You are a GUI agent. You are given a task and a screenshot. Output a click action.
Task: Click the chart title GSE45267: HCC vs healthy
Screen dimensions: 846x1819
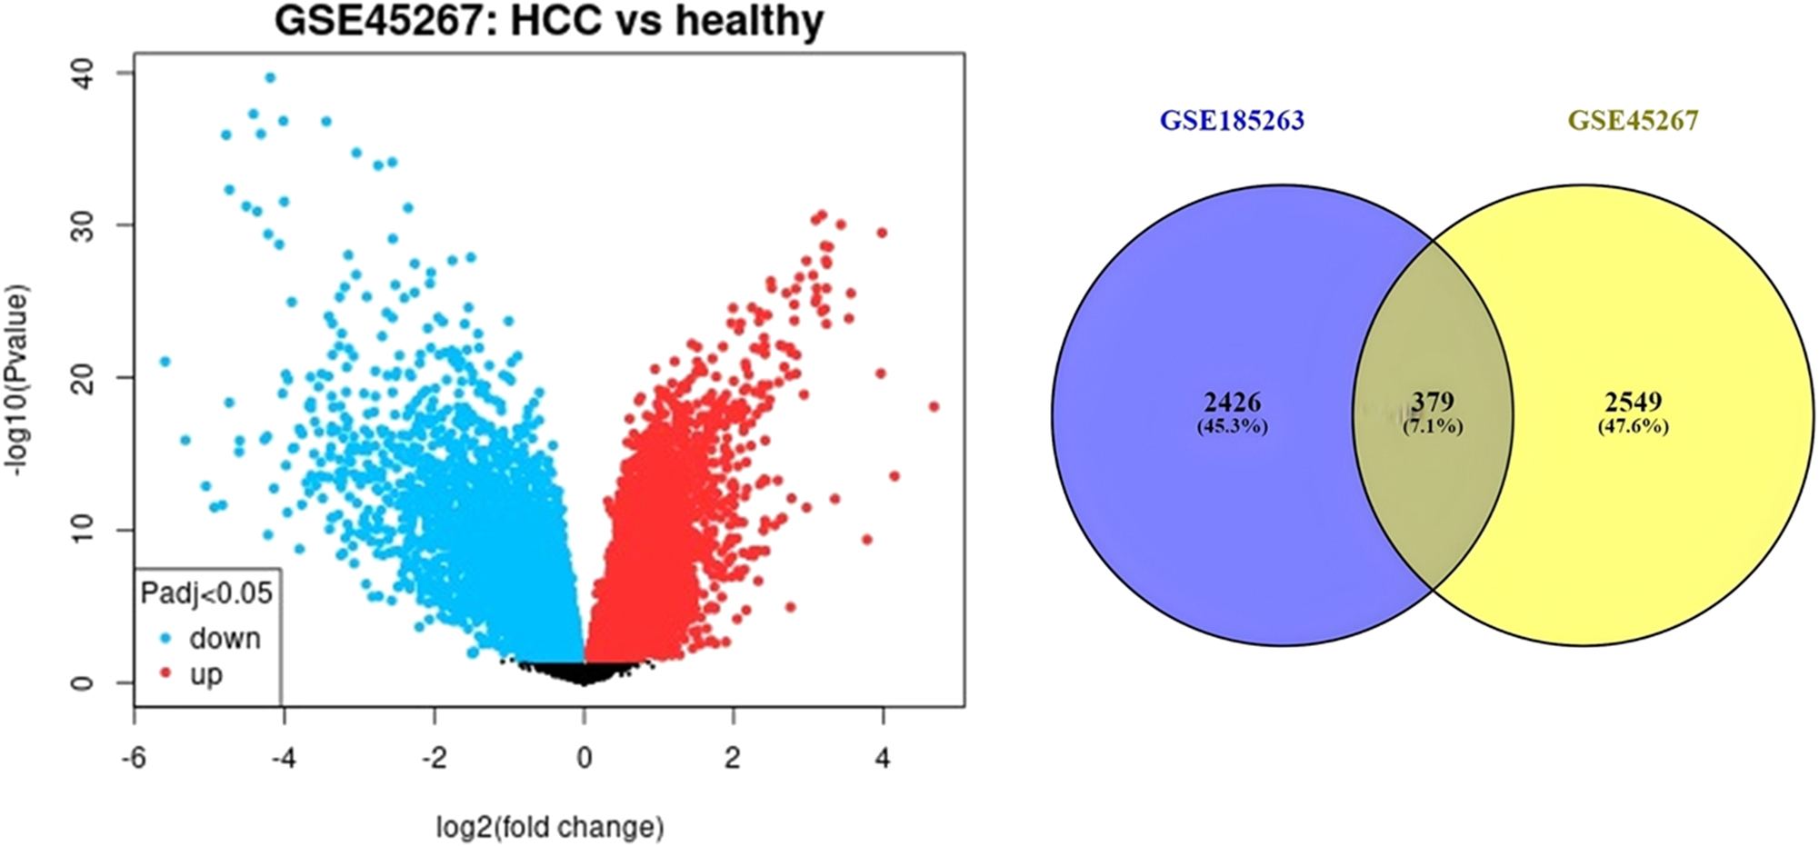tap(549, 20)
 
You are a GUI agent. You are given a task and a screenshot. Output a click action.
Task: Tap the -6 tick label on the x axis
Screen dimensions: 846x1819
tap(135, 758)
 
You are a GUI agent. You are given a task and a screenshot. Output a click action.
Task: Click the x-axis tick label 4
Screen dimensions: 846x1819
tap(883, 758)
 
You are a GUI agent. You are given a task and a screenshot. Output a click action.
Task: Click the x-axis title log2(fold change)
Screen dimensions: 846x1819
tap(550, 827)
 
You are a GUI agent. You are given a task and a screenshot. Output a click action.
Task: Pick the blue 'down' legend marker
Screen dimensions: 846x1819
tap(165, 639)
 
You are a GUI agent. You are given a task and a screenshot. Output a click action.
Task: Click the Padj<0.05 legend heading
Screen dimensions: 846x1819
tap(206, 593)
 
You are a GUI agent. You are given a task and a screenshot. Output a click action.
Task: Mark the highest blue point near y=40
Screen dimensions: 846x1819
tap(269, 78)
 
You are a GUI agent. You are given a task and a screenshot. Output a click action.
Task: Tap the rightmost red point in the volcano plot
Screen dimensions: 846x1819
tap(934, 406)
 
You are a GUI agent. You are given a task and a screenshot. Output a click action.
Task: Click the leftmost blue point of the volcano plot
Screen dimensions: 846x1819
tap(165, 362)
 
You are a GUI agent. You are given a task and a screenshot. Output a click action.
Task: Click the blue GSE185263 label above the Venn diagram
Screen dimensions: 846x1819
tap(1231, 121)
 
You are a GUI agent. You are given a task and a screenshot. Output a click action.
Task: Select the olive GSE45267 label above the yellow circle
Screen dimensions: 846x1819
tap(1633, 121)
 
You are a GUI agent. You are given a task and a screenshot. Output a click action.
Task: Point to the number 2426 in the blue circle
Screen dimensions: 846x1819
tap(1232, 402)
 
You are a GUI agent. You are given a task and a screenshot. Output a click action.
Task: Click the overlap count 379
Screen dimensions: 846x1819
tap(1433, 402)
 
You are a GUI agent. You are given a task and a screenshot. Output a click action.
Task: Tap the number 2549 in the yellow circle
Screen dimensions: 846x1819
tap(1633, 402)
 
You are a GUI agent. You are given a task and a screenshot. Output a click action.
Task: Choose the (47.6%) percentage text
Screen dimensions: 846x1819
tap(1633, 425)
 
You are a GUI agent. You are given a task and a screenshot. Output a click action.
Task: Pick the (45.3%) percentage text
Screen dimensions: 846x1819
tap(1232, 425)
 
